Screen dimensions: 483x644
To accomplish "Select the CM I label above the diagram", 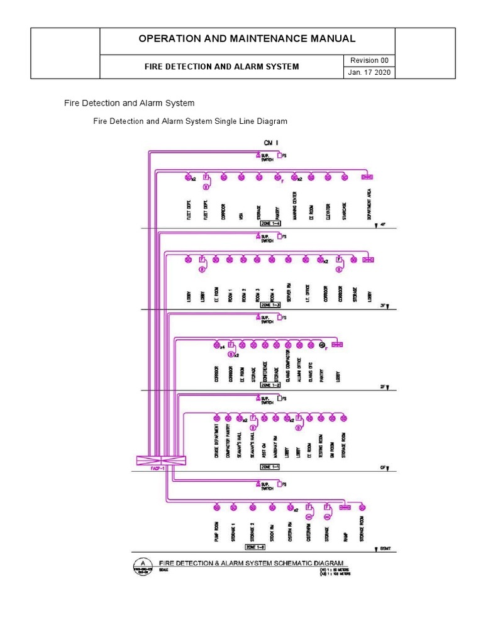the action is pos(271,143).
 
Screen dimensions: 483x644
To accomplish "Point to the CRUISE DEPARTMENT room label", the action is pos(216,446).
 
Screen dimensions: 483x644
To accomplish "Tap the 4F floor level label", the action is pos(382,225).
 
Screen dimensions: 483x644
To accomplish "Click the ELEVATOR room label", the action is pos(328,209).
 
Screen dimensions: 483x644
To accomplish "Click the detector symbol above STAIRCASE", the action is pos(344,177).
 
